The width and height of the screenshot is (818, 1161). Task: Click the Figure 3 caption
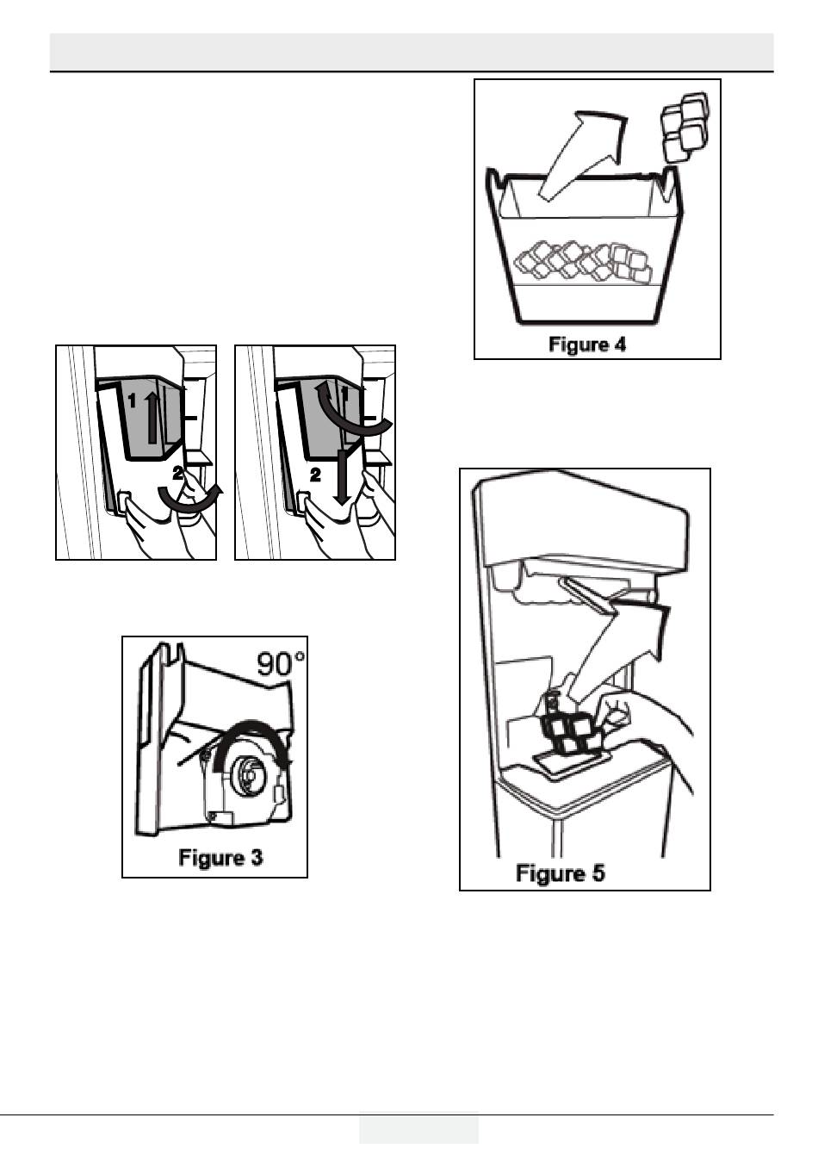click(220, 858)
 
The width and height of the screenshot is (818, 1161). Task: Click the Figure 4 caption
click(587, 344)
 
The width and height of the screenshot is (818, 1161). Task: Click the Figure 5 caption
click(560, 872)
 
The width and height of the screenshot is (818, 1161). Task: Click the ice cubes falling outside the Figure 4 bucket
click(684, 126)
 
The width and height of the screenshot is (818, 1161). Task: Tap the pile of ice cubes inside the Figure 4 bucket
click(584, 263)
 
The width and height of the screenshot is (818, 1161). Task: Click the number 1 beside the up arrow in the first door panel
click(132, 400)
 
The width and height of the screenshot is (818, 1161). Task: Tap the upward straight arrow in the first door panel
click(152, 417)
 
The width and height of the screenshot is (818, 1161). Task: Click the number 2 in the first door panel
click(177, 473)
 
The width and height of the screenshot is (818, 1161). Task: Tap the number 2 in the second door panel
click(315, 475)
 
